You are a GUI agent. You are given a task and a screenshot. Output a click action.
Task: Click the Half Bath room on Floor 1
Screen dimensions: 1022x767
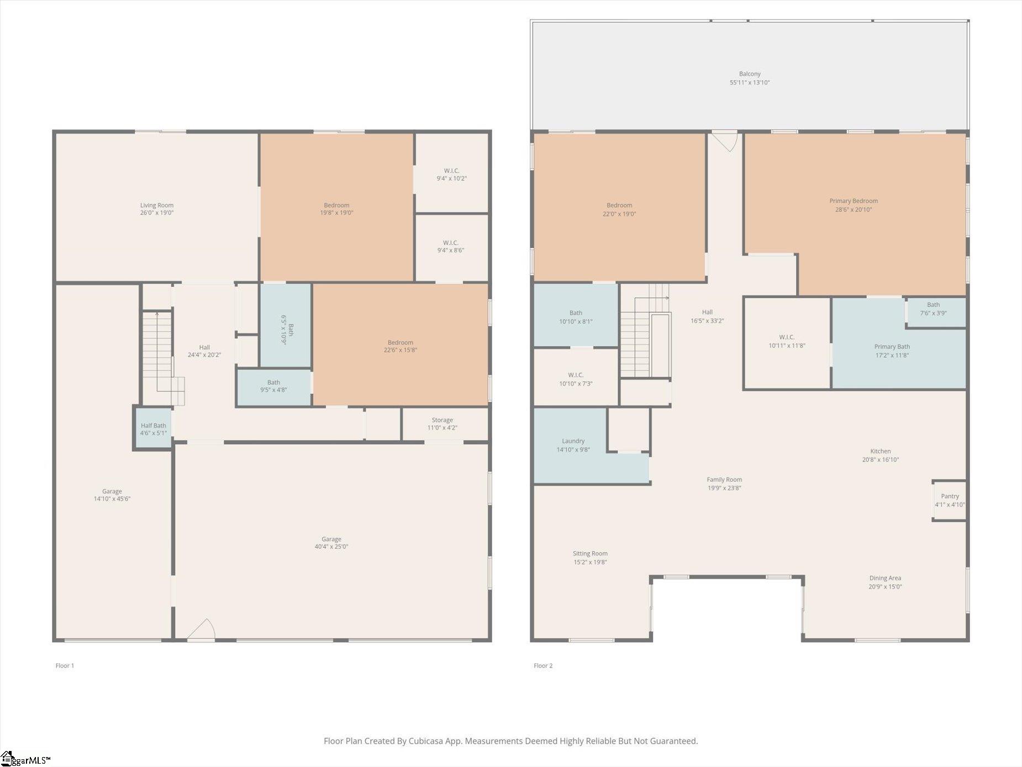pyautogui.click(x=153, y=429)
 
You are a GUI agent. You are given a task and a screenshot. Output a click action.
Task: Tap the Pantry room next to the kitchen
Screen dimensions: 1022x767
pyautogui.click(x=950, y=500)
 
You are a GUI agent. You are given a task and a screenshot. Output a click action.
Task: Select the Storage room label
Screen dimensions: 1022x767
pyautogui.click(x=442, y=420)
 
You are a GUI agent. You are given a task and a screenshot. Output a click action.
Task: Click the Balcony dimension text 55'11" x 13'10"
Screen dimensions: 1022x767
pyautogui.click(x=750, y=82)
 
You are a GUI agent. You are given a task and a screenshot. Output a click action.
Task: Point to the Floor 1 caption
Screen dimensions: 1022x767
pyautogui.click(x=65, y=665)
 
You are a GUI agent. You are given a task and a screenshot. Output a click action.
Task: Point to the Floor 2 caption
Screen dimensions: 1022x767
pyautogui.click(x=543, y=665)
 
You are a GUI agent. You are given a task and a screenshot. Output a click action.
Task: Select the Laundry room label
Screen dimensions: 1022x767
pyautogui.click(x=573, y=441)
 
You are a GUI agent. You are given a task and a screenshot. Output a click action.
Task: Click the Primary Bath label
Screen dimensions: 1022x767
pyautogui.click(x=892, y=346)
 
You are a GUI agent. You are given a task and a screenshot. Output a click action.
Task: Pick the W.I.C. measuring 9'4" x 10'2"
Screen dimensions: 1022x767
pyautogui.click(x=451, y=174)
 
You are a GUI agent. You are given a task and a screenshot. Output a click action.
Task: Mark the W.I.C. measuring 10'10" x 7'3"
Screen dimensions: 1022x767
pyautogui.click(x=575, y=378)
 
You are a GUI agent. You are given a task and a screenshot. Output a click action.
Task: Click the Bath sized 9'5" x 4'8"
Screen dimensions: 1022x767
pyautogui.click(x=273, y=386)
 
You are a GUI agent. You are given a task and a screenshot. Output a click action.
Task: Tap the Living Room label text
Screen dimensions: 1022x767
pyautogui.click(x=157, y=205)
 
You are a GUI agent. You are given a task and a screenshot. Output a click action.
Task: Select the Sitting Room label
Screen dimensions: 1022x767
pyautogui.click(x=590, y=553)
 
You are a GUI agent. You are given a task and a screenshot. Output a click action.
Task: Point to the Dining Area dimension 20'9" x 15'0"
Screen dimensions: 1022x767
pyautogui.click(x=885, y=587)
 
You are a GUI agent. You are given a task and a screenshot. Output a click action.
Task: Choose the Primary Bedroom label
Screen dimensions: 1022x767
pyautogui.click(x=854, y=201)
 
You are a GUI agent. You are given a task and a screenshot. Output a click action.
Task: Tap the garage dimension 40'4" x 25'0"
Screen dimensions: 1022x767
pyautogui.click(x=331, y=547)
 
